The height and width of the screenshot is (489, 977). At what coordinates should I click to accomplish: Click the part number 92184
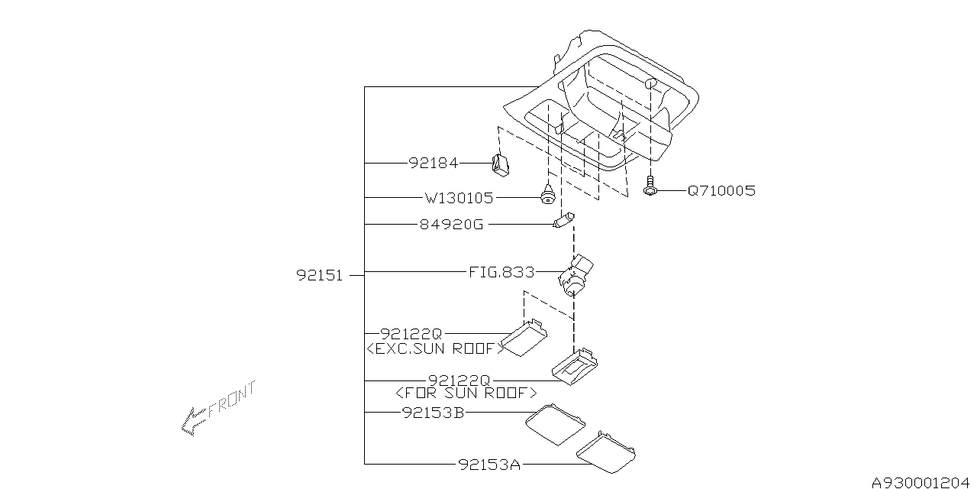(x=433, y=163)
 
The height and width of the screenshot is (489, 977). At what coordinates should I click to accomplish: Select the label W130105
(x=459, y=198)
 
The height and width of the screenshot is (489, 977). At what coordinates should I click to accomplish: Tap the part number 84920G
(x=452, y=225)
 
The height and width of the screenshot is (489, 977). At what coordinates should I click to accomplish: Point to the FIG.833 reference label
(x=501, y=272)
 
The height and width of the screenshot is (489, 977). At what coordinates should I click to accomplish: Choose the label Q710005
(x=721, y=191)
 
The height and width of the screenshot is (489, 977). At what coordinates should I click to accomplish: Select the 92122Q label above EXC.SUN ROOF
(x=411, y=334)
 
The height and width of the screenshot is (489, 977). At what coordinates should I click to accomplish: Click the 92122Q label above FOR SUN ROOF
(x=458, y=380)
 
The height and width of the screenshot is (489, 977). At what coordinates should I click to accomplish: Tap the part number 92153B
(x=433, y=413)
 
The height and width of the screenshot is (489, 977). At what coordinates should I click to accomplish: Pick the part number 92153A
(x=489, y=464)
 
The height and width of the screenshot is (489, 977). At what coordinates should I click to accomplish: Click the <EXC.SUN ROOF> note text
(x=436, y=348)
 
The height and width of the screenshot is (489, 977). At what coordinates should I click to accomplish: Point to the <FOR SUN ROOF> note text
(x=466, y=393)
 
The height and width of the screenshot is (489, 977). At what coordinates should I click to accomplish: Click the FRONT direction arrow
(x=218, y=409)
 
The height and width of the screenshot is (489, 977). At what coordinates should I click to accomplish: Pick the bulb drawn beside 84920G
(x=563, y=222)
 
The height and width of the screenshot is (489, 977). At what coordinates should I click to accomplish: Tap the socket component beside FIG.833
(x=577, y=273)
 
